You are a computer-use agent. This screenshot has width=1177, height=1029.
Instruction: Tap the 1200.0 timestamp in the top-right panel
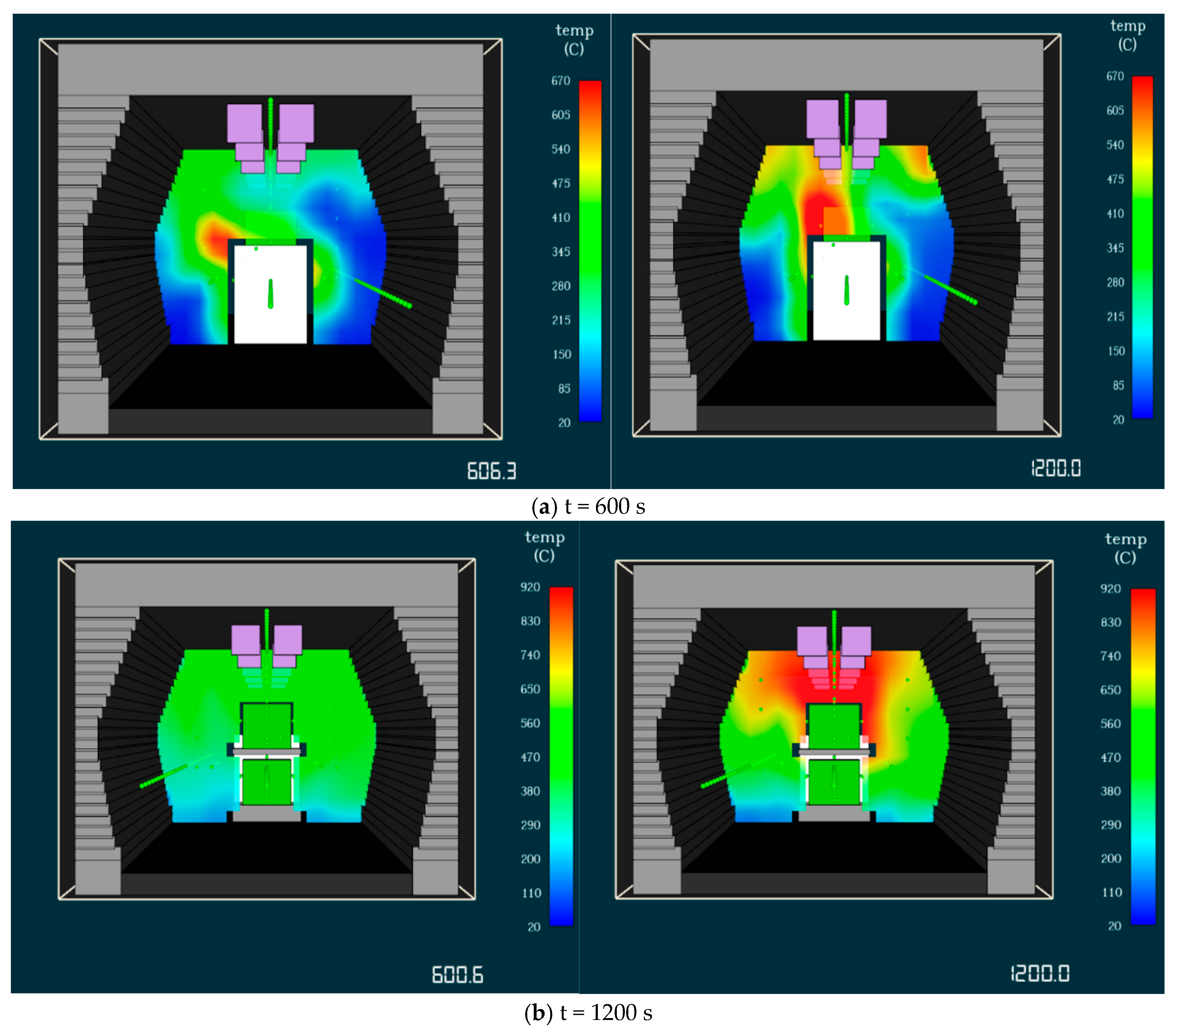pos(1056,468)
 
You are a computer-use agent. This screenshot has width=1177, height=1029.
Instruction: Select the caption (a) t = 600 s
pos(588,506)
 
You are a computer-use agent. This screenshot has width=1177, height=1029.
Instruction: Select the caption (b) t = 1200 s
pos(588,1013)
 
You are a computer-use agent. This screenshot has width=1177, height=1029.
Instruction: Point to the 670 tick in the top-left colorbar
pos(561,81)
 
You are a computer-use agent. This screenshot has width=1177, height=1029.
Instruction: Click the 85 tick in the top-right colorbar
pos(1118,385)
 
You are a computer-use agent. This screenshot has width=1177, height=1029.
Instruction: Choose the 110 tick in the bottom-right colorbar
pos(1112,892)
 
